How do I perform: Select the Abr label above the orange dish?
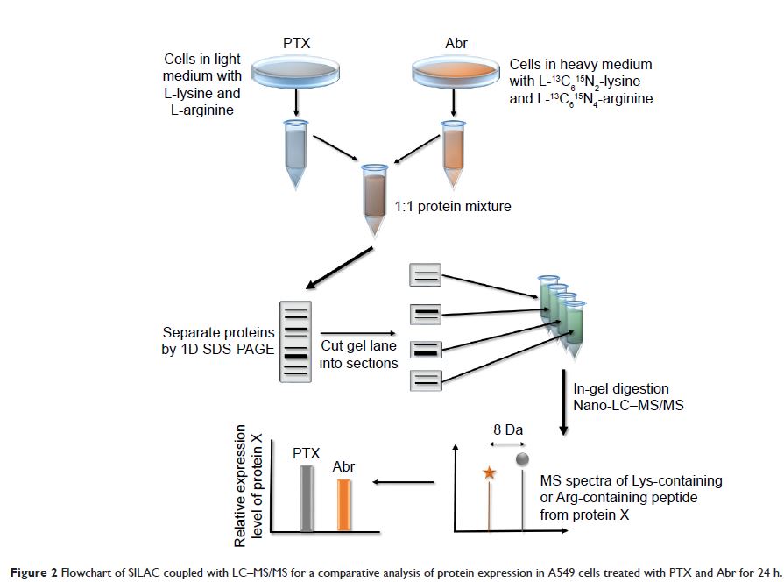[453, 41]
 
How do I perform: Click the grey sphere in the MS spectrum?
[523, 459]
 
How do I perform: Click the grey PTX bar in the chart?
[306, 497]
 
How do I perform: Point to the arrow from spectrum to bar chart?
[404, 481]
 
